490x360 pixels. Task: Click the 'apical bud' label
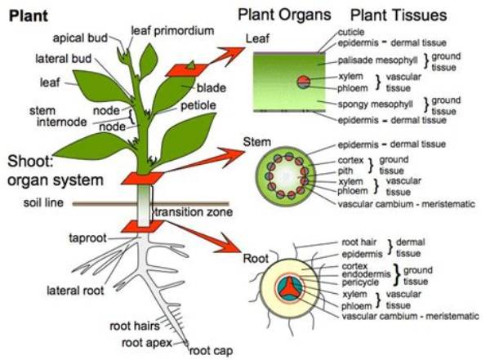(80, 38)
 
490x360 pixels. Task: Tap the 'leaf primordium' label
(172, 31)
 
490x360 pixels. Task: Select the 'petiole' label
(198, 105)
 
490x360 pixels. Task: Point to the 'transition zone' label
(194, 212)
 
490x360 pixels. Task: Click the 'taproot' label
(88, 238)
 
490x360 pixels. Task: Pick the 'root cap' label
(211, 351)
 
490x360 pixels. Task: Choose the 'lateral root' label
(75, 291)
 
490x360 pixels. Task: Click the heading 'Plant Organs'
(284, 15)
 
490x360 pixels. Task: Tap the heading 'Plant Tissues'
(399, 15)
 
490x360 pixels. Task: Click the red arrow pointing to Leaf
(228, 56)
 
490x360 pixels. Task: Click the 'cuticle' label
(351, 32)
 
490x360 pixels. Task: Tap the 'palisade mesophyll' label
(377, 60)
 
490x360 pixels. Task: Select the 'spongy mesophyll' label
(376, 104)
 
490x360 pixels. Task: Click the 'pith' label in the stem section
(345, 171)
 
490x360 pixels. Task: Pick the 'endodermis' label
(366, 274)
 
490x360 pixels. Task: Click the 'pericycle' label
(360, 282)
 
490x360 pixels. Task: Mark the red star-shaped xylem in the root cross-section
(287, 287)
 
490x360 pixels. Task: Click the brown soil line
(150, 204)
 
